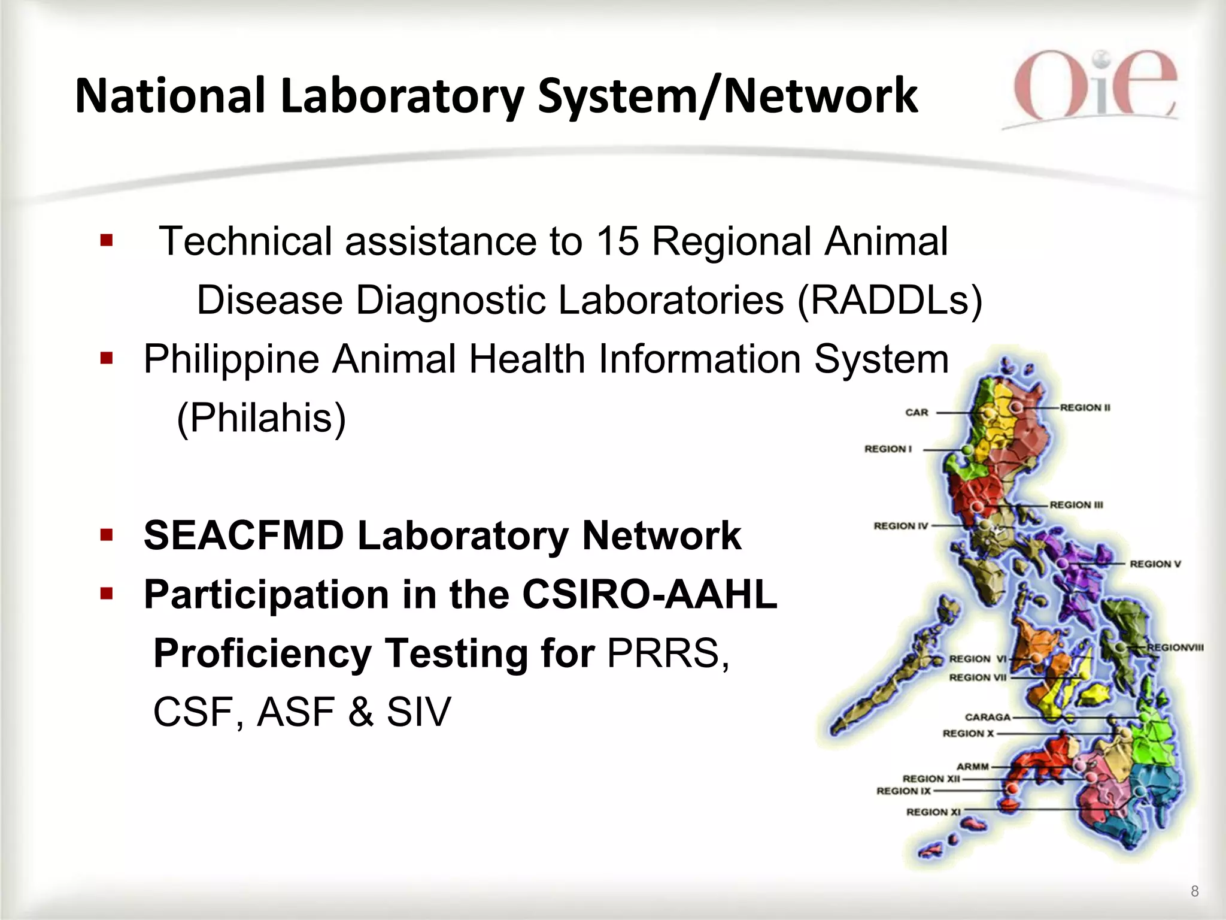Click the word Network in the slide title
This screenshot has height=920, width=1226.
pos(820,96)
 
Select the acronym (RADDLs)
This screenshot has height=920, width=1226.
pos(890,299)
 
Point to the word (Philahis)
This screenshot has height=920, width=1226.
pos(262,417)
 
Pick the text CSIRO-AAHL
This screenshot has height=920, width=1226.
pos(649,594)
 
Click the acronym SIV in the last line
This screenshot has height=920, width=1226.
pos(418,712)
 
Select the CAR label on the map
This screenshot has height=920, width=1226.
pos(917,412)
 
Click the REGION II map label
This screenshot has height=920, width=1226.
pos(1085,407)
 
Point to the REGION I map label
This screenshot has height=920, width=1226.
pos(888,449)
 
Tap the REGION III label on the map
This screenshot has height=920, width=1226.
pos(1076,505)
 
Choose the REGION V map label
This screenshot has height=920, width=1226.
pos(1155,564)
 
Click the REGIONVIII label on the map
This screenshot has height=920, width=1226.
pos(1175,647)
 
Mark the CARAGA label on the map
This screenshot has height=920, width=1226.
pos(987,717)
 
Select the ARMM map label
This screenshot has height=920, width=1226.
pos(973,766)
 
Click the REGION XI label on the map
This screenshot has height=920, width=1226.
pos(933,812)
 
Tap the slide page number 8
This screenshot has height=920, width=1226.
pos(1194,891)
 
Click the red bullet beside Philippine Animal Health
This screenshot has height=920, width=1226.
pos(107,359)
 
